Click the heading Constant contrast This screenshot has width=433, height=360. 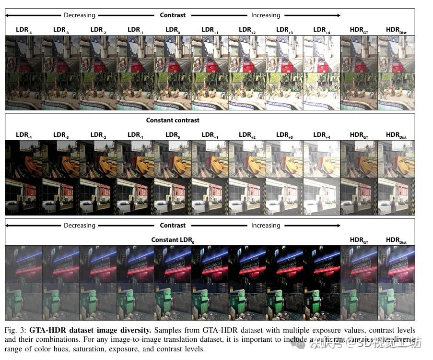click(x=173, y=120)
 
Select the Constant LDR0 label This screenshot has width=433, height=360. click(x=173, y=240)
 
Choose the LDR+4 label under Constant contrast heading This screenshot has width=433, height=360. click(x=322, y=135)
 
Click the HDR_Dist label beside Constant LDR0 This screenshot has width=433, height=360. click(x=396, y=240)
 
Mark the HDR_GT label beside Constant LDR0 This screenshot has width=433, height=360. click(x=359, y=240)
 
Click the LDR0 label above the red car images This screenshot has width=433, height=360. click(x=173, y=30)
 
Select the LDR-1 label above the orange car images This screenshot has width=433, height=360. click(x=135, y=135)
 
